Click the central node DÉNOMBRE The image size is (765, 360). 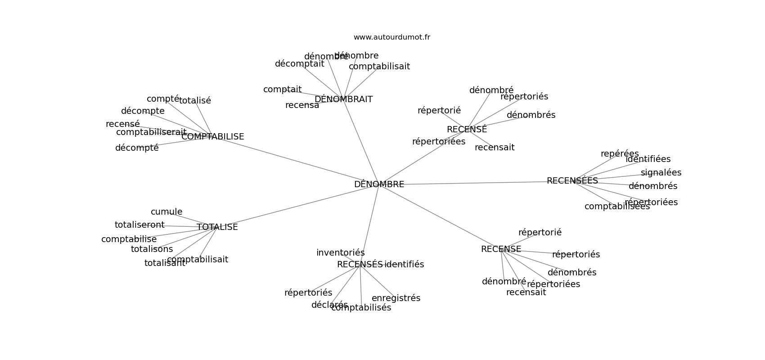pos(379,184)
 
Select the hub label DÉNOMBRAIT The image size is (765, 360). pos(343,99)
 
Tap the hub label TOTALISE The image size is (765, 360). pos(217,227)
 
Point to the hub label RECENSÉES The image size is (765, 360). pos(572,181)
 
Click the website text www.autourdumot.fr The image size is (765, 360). pos(391,37)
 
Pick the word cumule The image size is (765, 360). pos(166,212)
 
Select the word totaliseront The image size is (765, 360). pos(139,225)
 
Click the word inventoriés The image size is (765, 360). pos(340,253)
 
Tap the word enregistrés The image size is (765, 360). pos(396,298)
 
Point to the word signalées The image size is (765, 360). pos(661,173)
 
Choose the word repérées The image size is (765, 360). pos(619,154)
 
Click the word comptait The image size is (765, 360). pos(282,90)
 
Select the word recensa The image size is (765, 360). pos(302,105)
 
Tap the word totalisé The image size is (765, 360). pos(195,101)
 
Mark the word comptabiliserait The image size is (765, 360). pos(151,132)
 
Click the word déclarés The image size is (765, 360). pos(329,305)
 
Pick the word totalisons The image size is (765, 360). pos(152,249)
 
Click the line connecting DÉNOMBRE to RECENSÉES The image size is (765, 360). pos(472,183)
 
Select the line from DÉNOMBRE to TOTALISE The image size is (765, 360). pos(297,207)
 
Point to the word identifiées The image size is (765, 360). pos(648,159)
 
